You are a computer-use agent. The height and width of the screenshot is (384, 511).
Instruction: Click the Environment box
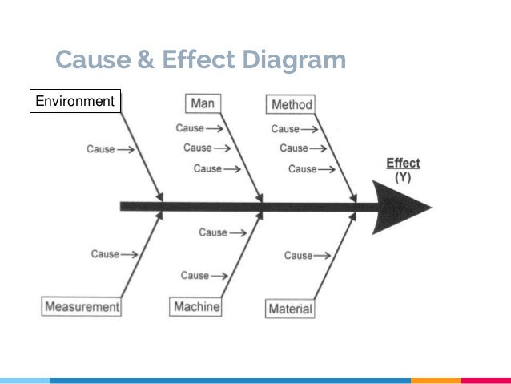(x=75, y=102)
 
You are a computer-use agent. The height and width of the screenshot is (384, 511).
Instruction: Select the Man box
(x=203, y=104)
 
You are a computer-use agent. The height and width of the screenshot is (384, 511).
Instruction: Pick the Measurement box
(x=82, y=306)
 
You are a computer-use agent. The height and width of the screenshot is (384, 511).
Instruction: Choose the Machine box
(x=196, y=307)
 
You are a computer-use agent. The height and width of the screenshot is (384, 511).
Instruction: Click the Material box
(x=290, y=309)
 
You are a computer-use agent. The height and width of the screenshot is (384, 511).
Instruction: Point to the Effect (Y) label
(x=403, y=170)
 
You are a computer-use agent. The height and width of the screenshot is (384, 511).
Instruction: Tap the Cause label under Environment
(x=102, y=149)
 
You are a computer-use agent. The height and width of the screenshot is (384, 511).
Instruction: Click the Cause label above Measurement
(x=105, y=254)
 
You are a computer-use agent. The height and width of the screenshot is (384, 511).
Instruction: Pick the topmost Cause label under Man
(x=190, y=128)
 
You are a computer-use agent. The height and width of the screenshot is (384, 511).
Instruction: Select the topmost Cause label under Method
(x=285, y=128)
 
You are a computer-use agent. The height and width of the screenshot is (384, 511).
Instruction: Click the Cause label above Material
(x=299, y=256)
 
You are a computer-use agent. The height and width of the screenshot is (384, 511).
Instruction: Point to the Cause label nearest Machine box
(x=195, y=276)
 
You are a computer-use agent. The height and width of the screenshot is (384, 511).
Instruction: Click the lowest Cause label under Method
(x=302, y=169)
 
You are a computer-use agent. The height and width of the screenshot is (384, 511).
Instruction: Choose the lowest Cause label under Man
(x=207, y=169)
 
